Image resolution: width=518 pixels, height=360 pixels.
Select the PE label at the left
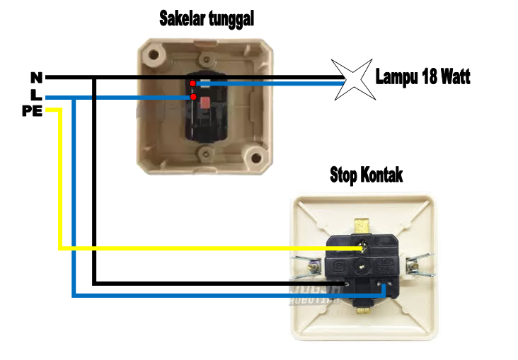(32, 110)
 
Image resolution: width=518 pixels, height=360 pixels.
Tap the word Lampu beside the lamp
(399, 76)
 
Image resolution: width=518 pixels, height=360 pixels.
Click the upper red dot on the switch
(192, 83)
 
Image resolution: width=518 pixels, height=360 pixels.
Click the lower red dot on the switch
(193, 97)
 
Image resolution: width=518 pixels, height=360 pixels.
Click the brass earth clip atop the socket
(363, 226)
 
